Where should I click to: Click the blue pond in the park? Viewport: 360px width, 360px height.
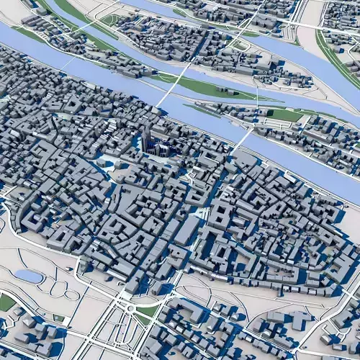click(28, 275)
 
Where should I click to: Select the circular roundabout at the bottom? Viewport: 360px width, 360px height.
click(130, 308)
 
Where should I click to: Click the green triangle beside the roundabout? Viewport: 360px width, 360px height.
click(148, 311)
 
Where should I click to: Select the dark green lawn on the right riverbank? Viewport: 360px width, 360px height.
click(284, 115)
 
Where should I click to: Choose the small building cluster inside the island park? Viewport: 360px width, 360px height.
click(229, 91)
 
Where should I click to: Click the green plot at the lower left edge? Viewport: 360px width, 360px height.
click(6, 302)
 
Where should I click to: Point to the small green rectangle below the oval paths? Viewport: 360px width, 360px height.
click(58, 317)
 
